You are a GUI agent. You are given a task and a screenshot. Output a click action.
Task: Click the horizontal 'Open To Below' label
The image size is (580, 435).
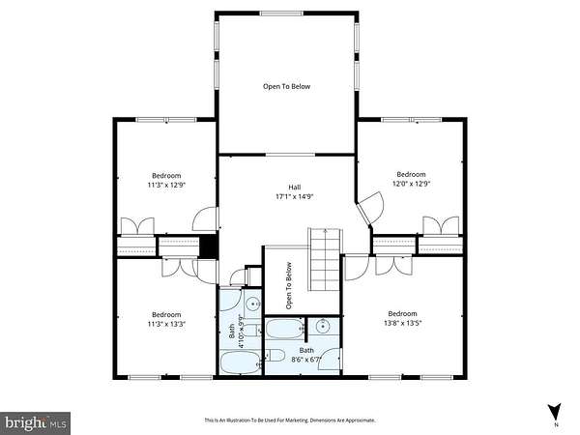[287, 87]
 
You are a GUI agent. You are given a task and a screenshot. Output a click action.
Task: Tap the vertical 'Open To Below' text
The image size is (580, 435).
[289, 285]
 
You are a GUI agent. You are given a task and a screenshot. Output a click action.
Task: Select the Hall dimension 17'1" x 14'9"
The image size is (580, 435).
[295, 197]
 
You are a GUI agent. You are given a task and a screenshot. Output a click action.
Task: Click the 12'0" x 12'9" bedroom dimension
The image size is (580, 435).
[411, 184]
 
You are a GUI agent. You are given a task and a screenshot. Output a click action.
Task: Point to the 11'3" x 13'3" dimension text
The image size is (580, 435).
[166, 324]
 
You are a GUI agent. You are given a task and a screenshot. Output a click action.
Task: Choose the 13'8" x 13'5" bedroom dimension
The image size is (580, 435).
[403, 323]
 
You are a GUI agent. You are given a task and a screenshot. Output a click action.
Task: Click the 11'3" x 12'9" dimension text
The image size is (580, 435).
[166, 185]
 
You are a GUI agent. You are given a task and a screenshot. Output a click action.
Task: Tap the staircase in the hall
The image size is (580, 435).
[325, 260]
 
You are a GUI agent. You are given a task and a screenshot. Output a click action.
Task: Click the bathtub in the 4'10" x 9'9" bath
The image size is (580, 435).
[241, 362]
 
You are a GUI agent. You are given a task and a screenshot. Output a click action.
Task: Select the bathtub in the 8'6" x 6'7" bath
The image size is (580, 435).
[285, 329]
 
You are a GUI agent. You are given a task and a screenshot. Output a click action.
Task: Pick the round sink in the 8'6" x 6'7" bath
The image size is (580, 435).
[323, 327]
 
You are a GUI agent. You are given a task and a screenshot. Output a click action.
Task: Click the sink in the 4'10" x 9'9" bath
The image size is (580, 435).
[253, 304]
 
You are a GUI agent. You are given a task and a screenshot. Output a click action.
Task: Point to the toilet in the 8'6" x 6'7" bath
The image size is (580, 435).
[274, 356]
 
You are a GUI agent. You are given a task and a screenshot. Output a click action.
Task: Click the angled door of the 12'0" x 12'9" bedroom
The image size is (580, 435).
[370, 208]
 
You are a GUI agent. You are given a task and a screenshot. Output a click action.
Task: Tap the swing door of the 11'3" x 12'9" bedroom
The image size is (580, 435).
[206, 219]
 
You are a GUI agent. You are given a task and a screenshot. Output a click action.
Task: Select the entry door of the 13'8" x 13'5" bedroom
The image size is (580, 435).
[357, 267]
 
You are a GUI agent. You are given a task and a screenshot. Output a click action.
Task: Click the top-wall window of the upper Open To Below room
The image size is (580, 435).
[281, 14]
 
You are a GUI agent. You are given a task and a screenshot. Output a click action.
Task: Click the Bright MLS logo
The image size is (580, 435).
[35, 423]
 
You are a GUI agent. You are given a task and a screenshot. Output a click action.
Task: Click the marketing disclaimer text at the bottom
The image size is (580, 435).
[290, 420]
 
